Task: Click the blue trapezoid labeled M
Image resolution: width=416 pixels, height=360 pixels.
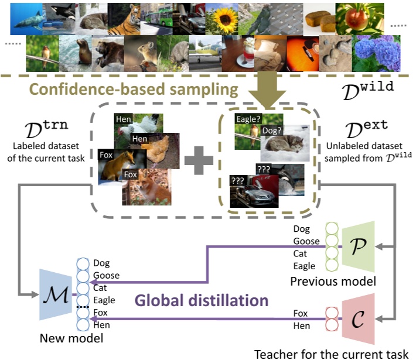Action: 56,294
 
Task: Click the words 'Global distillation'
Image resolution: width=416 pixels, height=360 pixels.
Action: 202,301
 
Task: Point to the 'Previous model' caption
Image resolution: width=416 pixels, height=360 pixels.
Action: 333,282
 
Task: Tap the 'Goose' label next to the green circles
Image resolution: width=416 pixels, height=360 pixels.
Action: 306,241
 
